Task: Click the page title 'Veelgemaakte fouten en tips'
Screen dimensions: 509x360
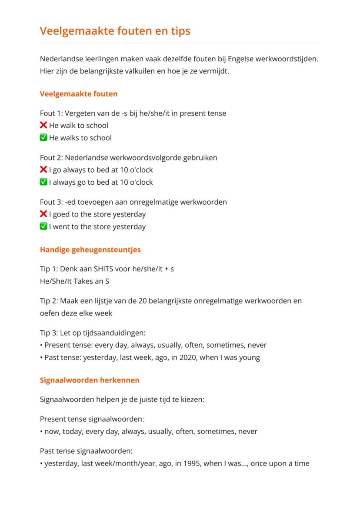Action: (x=115, y=31)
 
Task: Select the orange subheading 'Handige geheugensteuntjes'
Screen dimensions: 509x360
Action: (x=90, y=250)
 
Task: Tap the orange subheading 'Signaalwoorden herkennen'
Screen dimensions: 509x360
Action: (x=90, y=380)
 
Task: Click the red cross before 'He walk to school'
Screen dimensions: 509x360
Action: (x=43, y=126)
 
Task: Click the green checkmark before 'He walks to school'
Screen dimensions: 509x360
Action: (x=43, y=138)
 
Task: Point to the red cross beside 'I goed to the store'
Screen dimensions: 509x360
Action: (x=43, y=214)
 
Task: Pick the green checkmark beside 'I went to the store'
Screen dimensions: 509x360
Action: (x=43, y=226)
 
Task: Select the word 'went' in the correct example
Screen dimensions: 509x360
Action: (x=61, y=226)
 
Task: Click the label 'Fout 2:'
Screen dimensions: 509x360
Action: (x=50, y=157)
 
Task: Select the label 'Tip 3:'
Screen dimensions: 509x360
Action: (x=50, y=333)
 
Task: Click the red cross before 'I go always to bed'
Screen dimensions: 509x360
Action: (x=43, y=170)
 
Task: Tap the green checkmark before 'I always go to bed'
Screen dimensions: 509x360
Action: (x=43, y=182)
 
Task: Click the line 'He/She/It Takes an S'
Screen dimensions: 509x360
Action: (x=74, y=281)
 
